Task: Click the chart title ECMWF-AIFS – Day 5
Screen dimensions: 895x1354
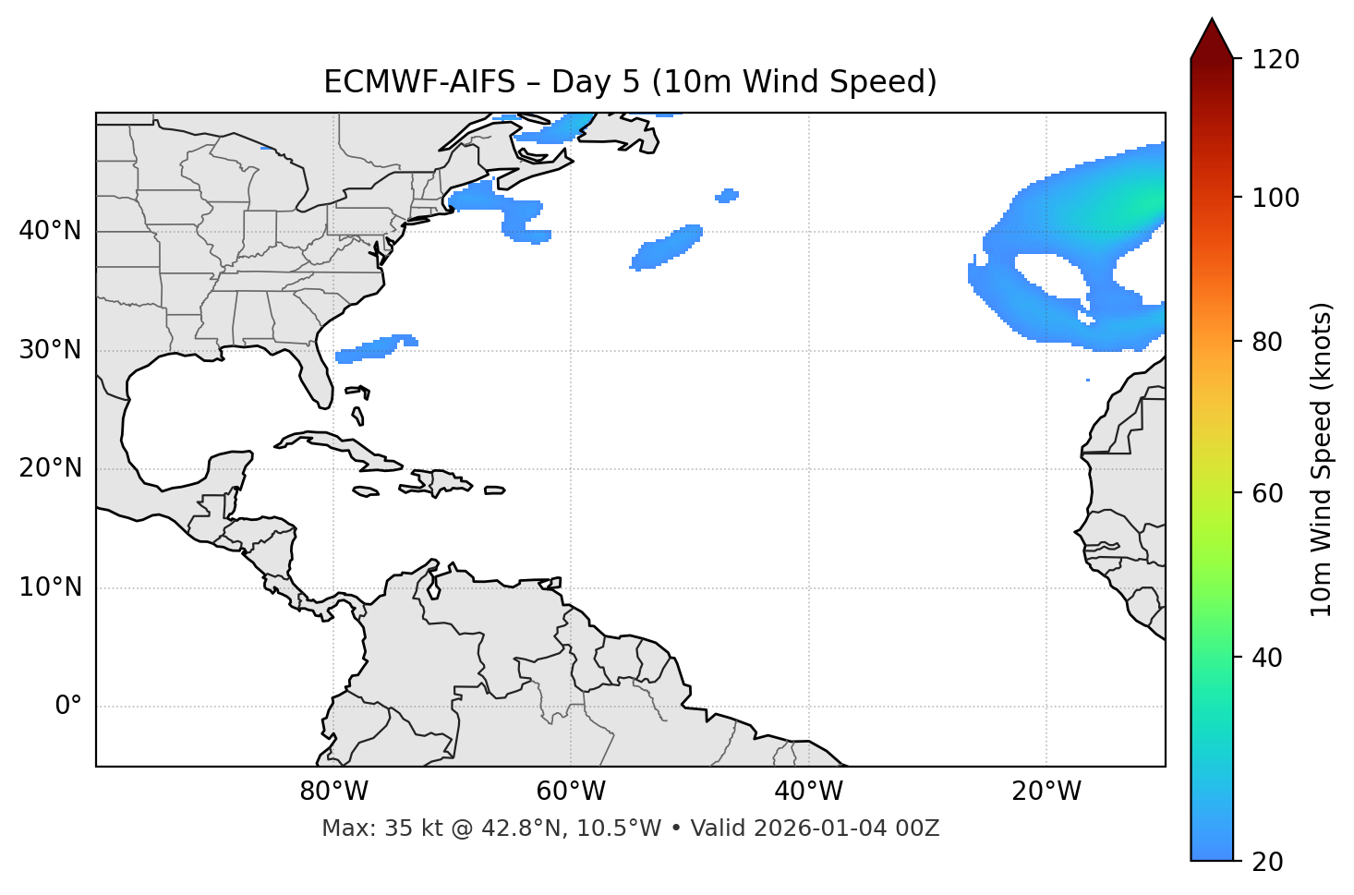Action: [x=630, y=82]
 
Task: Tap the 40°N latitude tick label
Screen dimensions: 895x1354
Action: [x=50, y=230]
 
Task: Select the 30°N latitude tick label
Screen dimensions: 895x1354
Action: [x=50, y=350]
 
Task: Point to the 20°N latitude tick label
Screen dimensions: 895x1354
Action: [x=50, y=468]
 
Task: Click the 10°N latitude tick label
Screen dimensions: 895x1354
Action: [x=50, y=587]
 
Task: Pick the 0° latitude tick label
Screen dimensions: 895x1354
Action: [x=68, y=707]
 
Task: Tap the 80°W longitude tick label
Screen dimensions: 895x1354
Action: [x=333, y=792]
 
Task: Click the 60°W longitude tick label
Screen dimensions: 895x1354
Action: [x=571, y=792]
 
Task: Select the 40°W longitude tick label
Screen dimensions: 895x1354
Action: [x=808, y=792]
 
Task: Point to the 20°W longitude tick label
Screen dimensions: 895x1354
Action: [x=1046, y=792]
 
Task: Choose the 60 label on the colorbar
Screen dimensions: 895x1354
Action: [x=1267, y=493]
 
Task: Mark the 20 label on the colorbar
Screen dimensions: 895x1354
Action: [x=1267, y=862]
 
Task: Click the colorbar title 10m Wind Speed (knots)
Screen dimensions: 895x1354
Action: [x=1322, y=459]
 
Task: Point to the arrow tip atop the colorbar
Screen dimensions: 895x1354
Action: [x=1212, y=20]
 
